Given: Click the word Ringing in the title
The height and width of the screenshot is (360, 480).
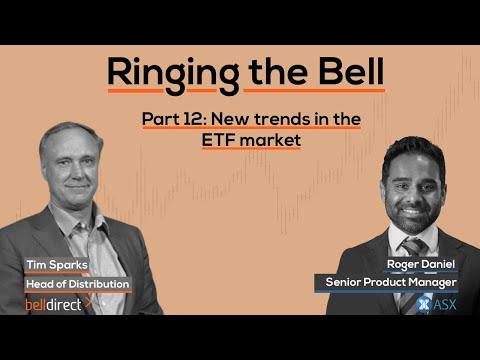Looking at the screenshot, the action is pyautogui.click(x=173, y=75).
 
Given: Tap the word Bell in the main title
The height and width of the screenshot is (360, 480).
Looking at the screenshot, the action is pyautogui.click(x=351, y=71).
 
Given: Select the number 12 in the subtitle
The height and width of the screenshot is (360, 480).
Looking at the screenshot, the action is pyautogui.click(x=192, y=119).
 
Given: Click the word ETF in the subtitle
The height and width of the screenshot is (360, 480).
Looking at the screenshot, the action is pyautogui.click(x=218, y=140).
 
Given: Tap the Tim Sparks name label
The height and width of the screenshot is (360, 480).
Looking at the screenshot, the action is pyautogui.click(x=57, y=265).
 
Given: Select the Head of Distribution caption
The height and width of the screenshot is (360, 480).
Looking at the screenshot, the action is pyautogui.click(x=77, y=284).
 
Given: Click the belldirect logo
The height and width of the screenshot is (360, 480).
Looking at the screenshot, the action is pyautogui.click(x=53, y=305).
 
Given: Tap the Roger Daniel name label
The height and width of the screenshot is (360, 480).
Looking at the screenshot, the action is pyautogui.click(x=421, y=264).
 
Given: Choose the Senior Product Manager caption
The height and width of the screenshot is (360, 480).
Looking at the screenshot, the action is pyautogui.click(x=391, y=282).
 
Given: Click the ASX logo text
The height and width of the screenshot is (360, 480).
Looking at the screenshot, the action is pyautogui.click(x=445, y=305).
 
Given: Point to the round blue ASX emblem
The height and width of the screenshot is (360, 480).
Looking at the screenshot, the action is pyautogui.click(x=423, y=305).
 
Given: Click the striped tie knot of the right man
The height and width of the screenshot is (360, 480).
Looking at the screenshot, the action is pyautogui.click(x=413, y=247).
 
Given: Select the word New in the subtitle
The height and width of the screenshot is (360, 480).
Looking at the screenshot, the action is pyautogui.click(x=226, y=119).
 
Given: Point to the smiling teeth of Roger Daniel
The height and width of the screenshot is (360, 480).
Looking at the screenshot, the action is pyautogui.click(x=411, y=211).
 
